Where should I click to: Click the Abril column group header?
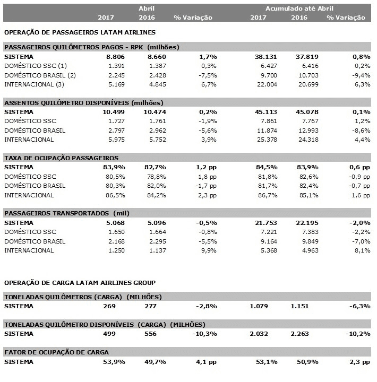click(147, 8)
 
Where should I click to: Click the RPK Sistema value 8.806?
click(116, 56)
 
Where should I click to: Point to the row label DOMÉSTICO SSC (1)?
click(36, 66)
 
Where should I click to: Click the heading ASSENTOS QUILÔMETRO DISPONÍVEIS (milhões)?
click(83, 102)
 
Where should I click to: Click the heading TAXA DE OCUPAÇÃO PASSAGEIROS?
click(61, 158)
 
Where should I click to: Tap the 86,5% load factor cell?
click(116, 195)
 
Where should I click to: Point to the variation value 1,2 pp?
click(204, 168)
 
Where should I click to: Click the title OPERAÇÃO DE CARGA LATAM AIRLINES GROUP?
click(80, 282)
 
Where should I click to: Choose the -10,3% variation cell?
click(206, 334)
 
